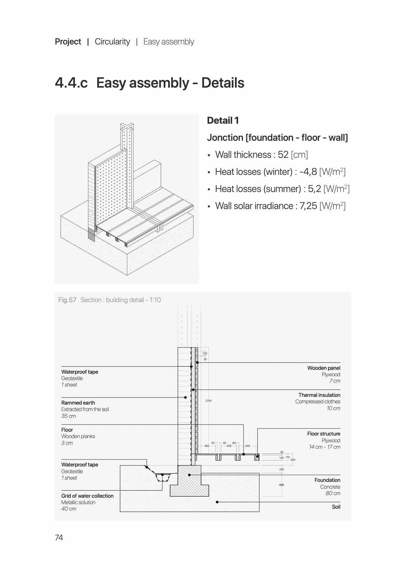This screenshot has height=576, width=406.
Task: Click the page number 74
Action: [x=59, y=537]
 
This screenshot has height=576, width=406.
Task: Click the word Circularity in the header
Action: [x=112, y=42]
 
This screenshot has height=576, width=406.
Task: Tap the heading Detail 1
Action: [x=223, y=120]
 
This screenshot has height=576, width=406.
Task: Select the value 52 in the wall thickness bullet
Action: [x=283, y=155]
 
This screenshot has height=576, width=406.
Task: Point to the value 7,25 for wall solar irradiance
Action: [x=308, y=206]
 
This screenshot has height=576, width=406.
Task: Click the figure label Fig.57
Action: [x=67, y=300]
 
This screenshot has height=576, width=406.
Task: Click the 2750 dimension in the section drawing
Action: [x=208, y=401]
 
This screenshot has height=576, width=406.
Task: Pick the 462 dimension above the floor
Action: [x=207, y=446]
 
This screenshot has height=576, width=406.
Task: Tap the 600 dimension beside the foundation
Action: [x=282, y=485]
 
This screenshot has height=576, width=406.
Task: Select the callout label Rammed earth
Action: [x=78, y=403]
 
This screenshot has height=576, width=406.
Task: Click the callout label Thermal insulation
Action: [x=319, y=395]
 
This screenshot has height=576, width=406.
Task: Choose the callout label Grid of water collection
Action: [x=87, y=496]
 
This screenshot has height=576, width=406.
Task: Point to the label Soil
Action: [x=336, y=507]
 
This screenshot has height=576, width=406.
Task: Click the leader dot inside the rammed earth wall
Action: [x=185, y=398]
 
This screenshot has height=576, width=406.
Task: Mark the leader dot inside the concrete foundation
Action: [x=189, y=475]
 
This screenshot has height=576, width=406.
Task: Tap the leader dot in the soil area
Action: [x=217, y=502]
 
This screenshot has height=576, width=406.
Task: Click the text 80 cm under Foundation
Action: [x=333, y=493]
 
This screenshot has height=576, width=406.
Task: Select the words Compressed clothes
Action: [x=318, y=401]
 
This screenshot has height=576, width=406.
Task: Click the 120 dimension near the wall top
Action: [x=205, y=353]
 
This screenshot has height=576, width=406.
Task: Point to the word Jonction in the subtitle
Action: [x=225, y=138]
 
